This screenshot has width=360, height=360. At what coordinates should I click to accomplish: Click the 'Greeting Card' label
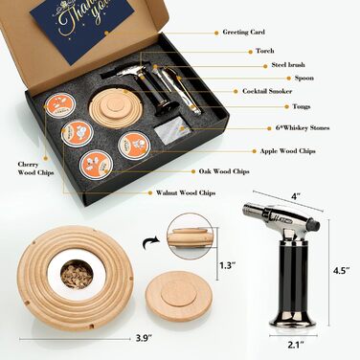pos(243,33)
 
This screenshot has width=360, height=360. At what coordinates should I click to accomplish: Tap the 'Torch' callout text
pos(264,51)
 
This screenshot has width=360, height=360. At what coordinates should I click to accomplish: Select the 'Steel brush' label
pos(288,65)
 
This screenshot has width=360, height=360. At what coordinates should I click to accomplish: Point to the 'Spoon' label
pos(304,78)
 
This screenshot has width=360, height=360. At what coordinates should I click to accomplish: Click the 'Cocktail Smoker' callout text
pos(267,91)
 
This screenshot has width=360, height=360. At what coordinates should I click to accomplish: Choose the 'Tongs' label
pos(302,106)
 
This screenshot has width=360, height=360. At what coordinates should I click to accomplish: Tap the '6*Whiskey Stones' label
pos(303,128)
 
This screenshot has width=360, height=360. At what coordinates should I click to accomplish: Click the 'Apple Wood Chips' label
pos(287,151)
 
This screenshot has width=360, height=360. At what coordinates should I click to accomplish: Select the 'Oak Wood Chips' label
pos(224,171)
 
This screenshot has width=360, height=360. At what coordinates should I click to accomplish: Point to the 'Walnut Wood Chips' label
pos(186,192)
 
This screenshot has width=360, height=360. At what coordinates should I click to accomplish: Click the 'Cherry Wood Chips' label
pos(35,169)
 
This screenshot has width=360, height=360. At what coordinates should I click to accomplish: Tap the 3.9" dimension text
pos(144,338)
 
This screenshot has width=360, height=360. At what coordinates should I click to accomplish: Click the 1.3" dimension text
pos(227,265)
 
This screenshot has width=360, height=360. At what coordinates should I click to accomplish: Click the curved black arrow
pos(150,243)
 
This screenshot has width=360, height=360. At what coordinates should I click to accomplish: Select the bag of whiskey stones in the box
pos(172,128)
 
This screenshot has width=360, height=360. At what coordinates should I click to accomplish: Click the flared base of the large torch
pos(293,316)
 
